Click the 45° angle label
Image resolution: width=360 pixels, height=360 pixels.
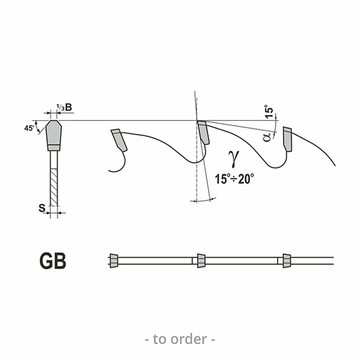pyautogui.click(x=29, y=128)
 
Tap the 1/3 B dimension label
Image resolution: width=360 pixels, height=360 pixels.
pyautogui.click(x=64, y=107)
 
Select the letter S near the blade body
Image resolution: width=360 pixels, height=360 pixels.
pyautogui.click(x=42, y=208)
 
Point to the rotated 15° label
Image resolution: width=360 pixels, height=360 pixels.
pyautogui.click(x=269, y=111)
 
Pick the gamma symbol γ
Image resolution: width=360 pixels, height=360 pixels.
pyautogui.click(x=234, y=158)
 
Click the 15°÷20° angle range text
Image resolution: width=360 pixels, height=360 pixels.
pyautogui.click(x=234, y=179)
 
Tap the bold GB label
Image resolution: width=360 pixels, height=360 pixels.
pyautogui.click(x=53, y=261)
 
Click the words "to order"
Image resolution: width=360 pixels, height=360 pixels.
pyautogui.click(x=180, y=339)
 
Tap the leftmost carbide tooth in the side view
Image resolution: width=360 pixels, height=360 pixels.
pyautogui.click(x=119, y=140)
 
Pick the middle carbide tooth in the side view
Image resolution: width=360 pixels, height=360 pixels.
pyautogui.click(x=203, y=132)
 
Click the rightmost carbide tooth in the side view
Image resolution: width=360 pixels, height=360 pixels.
pyautogui.click(x=287, y=140)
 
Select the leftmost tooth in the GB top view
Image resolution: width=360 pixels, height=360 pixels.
pyautogui.click(x=114, y=261)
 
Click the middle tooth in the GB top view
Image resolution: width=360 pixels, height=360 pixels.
pyautogui.click(x=201, y=261)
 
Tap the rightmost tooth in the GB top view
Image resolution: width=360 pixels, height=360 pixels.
pyautogui.click(x=287, y=261)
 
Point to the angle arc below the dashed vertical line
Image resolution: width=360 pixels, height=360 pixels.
pyautogui.click(x=203, y=200)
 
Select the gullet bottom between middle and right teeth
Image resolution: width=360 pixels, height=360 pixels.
pyautogui.click(x=276, y=167)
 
